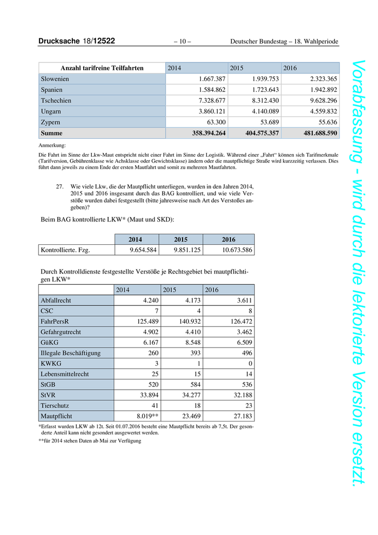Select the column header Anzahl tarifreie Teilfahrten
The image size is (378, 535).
click(102, 68)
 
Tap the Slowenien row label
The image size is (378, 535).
click(55, 79)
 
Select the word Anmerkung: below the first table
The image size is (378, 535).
click(52, 145)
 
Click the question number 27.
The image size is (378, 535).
click(60, 186)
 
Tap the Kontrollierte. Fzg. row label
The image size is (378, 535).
click(65, 250)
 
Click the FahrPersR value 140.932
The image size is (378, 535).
click(186, 322)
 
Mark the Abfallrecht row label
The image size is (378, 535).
click(56, 300)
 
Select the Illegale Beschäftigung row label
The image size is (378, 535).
click(71, 353)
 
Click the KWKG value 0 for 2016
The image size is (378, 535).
click(251, 364)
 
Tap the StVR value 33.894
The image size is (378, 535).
click(145, 396)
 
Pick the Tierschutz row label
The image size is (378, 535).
click(56, 406)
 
